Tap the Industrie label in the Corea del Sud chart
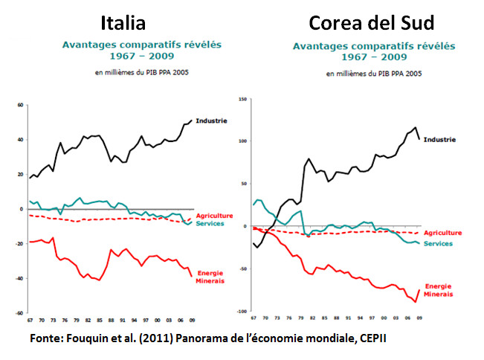pyautogui.click(x=439, y=139)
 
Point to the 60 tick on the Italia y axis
pyautogui.click(x=21, y=105)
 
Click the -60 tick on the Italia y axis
pyautogui.click(x=20, y=313)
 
